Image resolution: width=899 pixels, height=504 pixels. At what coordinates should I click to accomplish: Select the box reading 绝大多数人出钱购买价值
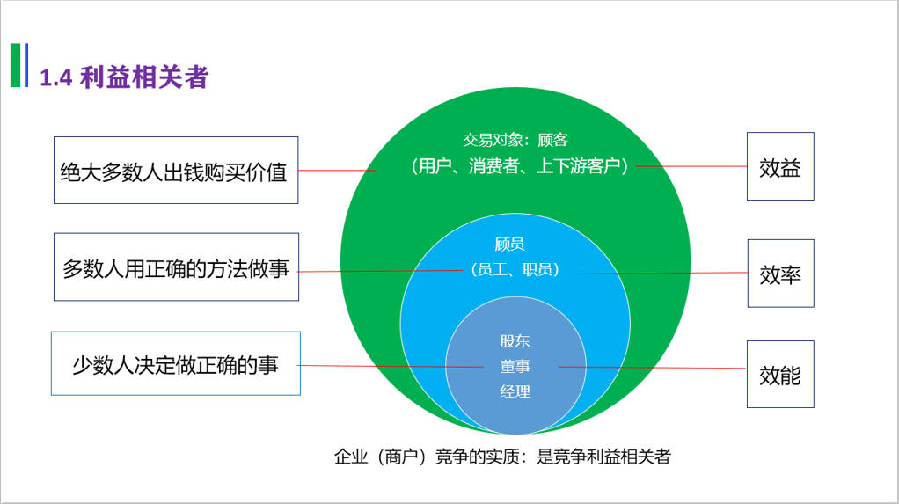(x=176, y=171)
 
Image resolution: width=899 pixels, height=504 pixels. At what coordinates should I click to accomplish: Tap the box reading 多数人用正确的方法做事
(x=176, y=267)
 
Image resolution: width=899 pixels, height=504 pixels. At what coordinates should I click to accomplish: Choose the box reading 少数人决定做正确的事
(x=176, y=363)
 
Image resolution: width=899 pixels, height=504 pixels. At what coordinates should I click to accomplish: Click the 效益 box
(x=779, y=167)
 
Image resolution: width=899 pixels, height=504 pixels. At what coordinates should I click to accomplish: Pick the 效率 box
(x=780, y=274)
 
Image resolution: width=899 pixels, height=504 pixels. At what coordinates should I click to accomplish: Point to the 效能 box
(x=779, y=374)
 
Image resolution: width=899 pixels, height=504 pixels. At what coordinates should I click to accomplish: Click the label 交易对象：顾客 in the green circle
(x=515, y=140)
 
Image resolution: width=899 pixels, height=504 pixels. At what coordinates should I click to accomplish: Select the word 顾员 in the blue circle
(x=509, y=244)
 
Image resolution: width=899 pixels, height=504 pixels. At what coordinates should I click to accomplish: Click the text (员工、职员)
(x=515, y=269)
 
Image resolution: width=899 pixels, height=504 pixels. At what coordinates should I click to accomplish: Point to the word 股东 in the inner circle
(x=515, y=341)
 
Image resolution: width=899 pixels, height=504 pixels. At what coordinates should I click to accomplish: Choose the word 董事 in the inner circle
(x=515, y=366)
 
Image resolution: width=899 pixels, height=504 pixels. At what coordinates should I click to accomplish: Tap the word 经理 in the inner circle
(x=515, y=391)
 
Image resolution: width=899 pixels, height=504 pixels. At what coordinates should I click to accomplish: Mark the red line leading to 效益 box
(x=691, y=165)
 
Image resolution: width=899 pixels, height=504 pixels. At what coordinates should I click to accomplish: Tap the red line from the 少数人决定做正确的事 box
(x=387, y=366)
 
